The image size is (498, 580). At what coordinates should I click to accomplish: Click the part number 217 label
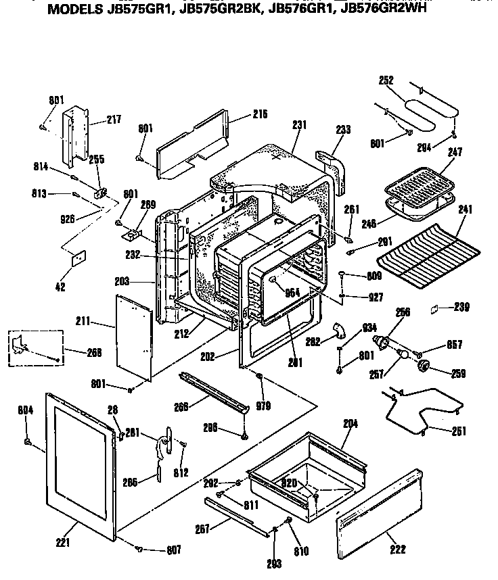114,120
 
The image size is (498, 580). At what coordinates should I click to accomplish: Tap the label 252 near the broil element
386,80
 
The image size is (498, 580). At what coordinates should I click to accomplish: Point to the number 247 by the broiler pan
455,153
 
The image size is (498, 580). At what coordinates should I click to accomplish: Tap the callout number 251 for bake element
458,431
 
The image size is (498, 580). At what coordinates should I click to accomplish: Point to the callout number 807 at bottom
174,550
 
